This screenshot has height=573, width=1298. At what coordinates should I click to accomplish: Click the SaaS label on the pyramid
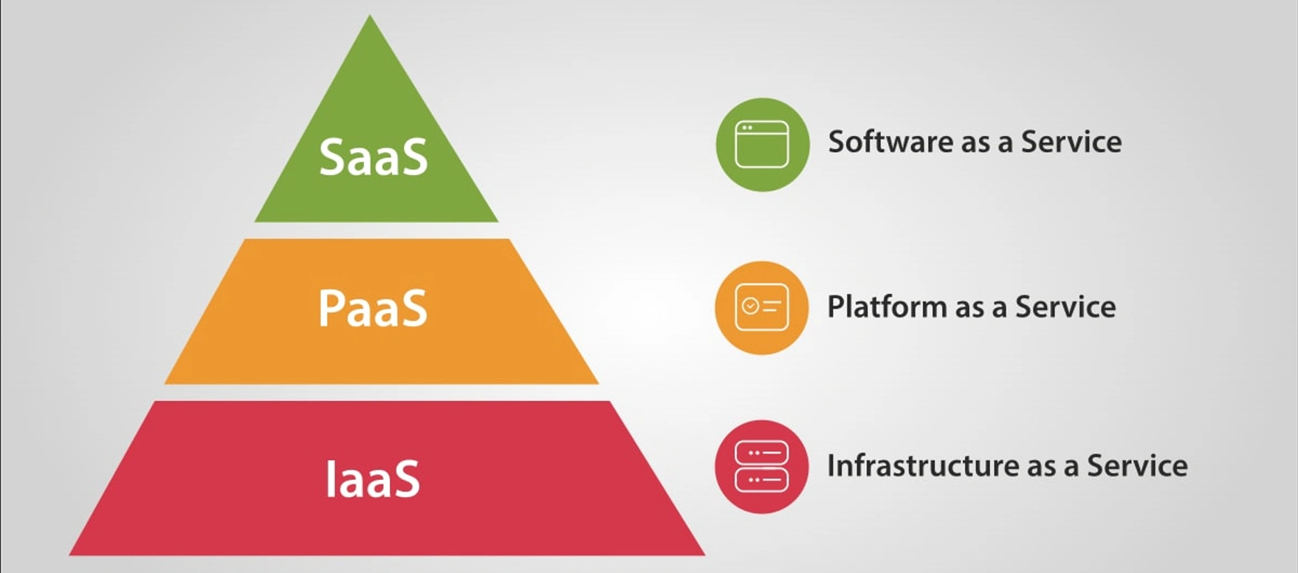(x=373, y=157)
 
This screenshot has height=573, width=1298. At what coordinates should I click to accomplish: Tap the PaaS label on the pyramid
(x=373, y=308)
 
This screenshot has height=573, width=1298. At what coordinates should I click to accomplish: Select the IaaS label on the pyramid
(x=373, y=478)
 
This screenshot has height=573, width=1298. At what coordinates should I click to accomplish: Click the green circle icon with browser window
(x=762, y=145)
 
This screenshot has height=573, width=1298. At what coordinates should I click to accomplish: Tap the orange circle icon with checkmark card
(x=762, y=307)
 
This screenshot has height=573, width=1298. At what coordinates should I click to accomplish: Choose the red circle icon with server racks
(x=762, y=467)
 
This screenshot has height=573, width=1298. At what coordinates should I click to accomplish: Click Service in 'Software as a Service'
(x=1071, y=142)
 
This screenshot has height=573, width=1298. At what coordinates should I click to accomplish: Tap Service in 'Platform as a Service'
(x=1065, y=307)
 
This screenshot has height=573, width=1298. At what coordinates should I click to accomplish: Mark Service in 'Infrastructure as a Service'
(x=1137, y=466)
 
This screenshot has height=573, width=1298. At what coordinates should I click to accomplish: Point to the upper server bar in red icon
(x=762, y=453)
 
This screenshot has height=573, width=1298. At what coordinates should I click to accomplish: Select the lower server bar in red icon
(x=762, y=480)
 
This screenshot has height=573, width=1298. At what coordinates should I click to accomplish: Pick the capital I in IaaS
(x=330, y=478)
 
